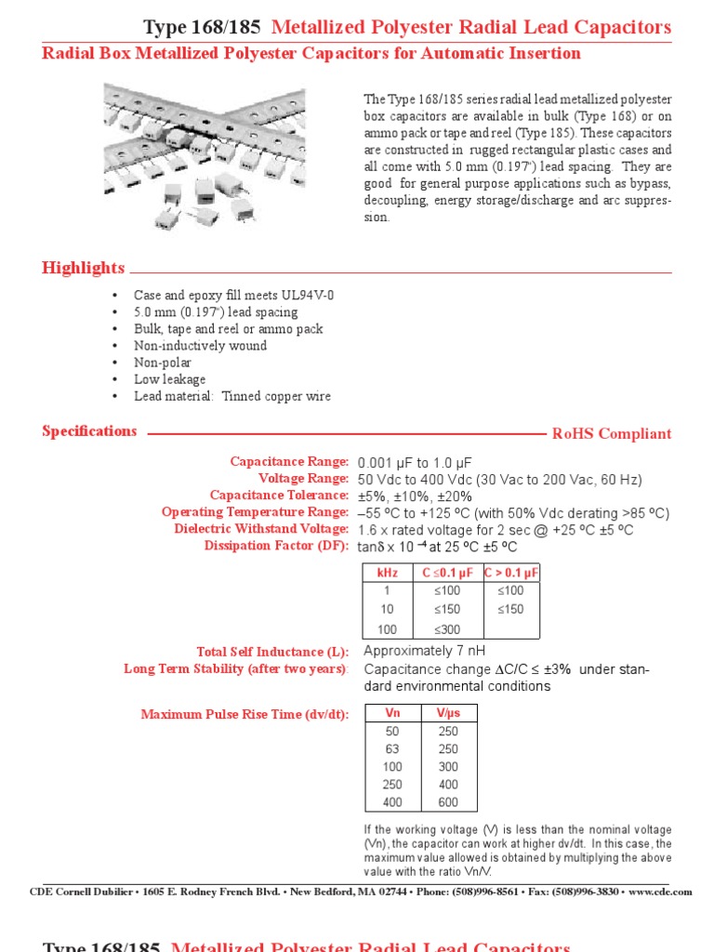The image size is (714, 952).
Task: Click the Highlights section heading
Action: tap(83, 269)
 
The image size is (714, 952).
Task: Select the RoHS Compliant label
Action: tap(611, 434)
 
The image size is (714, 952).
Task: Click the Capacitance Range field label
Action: tap(289, 462)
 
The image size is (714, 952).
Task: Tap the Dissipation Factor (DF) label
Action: tap(275, 546)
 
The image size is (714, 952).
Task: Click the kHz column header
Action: tap(387, 573)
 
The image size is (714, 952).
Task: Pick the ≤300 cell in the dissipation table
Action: tap(447, 629)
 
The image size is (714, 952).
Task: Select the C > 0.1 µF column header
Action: tap(511, 573)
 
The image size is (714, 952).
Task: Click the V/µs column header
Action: tap(447, 714)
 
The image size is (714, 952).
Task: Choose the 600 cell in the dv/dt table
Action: tap(447, 802)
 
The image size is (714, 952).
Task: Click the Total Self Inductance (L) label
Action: tap(272, 652)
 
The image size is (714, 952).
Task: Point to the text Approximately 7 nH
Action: tap(424, 651)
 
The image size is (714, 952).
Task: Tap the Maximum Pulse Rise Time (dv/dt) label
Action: tap(245, 714)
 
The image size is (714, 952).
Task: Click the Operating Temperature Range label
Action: tap(255, 512)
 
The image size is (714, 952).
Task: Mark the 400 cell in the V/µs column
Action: tap(447, 785)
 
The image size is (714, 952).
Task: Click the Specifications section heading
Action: tap(89, 431)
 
